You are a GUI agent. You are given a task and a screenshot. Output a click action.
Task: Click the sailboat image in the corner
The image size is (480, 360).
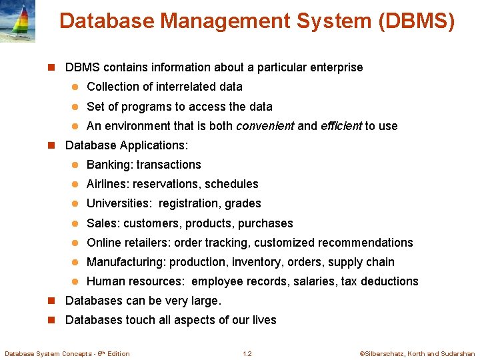point(17,21)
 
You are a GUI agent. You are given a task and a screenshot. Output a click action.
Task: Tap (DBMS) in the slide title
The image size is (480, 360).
point(417,22)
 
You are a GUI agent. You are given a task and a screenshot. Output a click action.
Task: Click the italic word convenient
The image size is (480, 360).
point(265,126)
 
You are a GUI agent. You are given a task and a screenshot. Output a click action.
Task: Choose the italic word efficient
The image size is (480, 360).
point(341,126)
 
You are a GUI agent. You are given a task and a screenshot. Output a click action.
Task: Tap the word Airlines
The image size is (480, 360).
point(108,184)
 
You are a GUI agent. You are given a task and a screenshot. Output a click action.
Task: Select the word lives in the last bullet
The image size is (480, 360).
point(264,320)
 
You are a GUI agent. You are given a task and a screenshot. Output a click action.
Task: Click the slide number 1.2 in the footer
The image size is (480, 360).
point(247,353)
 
